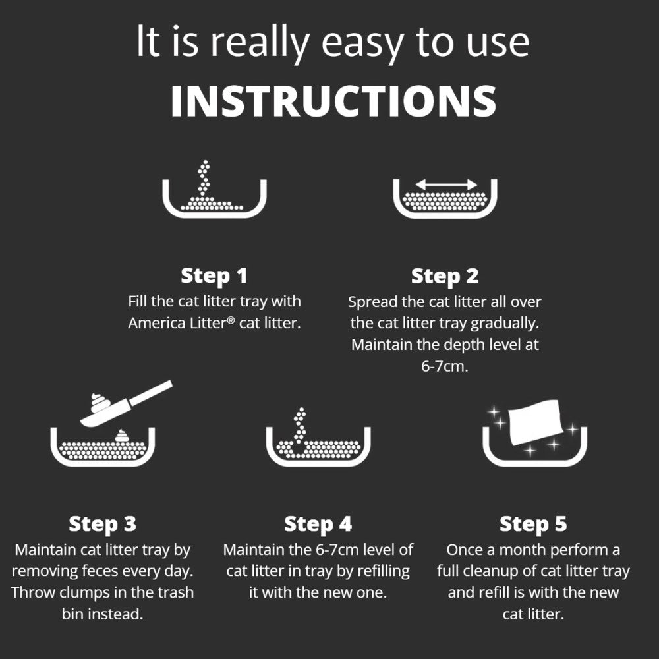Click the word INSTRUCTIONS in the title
tap(333, 101)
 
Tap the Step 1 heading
tap(214, 275)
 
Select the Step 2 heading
tap(445, 276)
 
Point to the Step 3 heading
tap(103, 524)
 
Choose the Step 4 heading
tap(318, 524)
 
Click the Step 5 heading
tap(533, 524)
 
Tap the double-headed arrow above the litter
tap(446, 184)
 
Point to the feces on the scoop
tap(100, 403)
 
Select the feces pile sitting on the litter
tap(122, 436)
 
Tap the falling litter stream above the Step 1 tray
tap(204, 179)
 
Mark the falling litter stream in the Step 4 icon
tap(300, 425)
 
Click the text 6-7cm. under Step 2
tap(445, 366)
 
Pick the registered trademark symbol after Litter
tap(230, 320)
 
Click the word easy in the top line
tap(362, 44)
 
